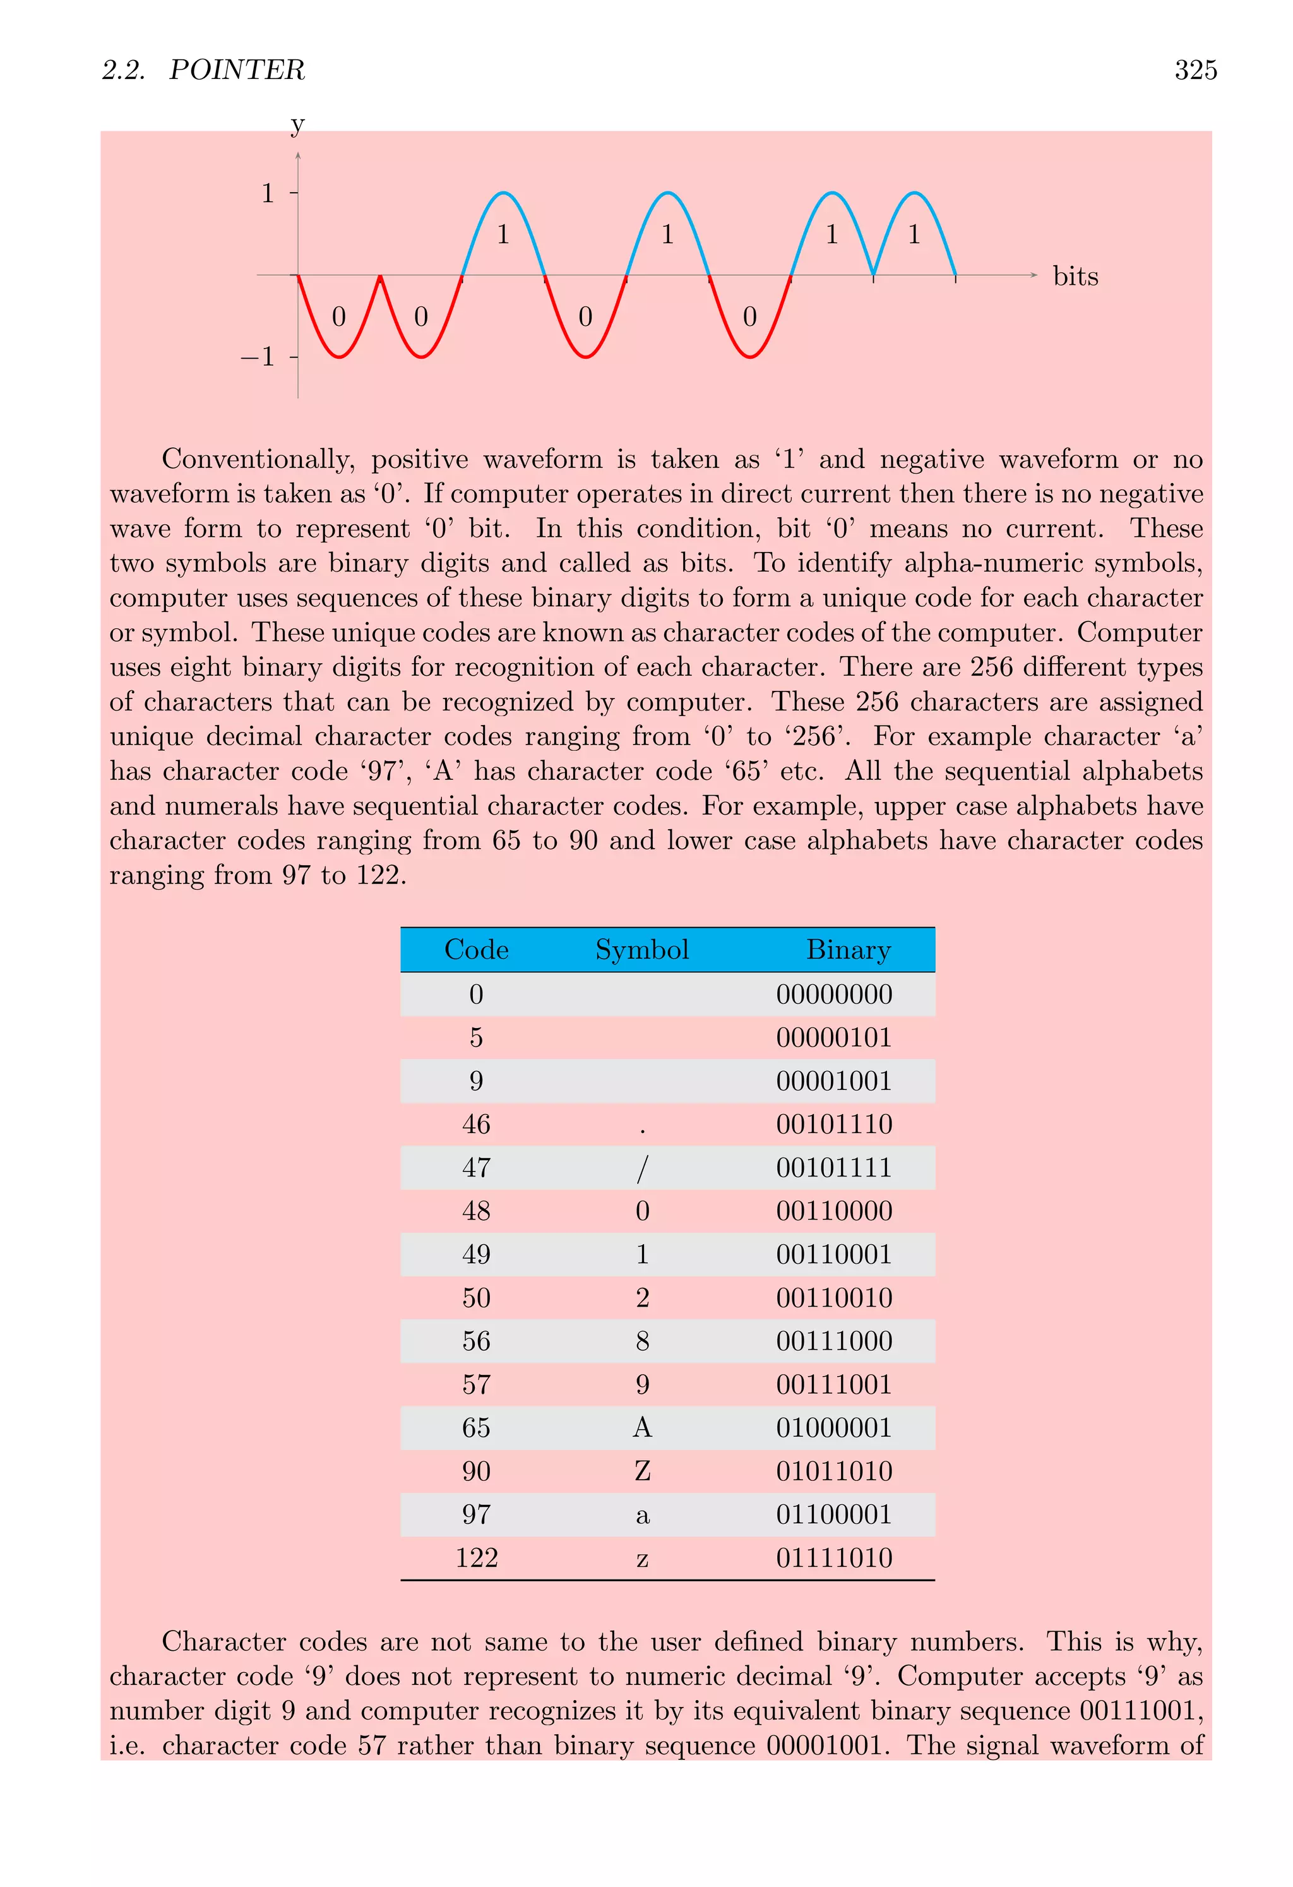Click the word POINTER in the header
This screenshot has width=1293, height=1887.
click(x=236, y=71)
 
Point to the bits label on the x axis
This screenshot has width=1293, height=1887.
click(x=1075, y=276)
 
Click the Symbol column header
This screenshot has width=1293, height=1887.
click(x=641, y=949)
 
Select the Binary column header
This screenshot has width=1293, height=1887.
click(x=847, y=949)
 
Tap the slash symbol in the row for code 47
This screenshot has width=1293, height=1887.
click(x=641, y=1168)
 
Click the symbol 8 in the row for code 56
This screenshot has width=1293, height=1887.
click(x=641, y=1341)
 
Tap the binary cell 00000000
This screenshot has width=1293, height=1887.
click(x=833, y=994)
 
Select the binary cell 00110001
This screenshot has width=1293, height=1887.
click(x=833, y=1254)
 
